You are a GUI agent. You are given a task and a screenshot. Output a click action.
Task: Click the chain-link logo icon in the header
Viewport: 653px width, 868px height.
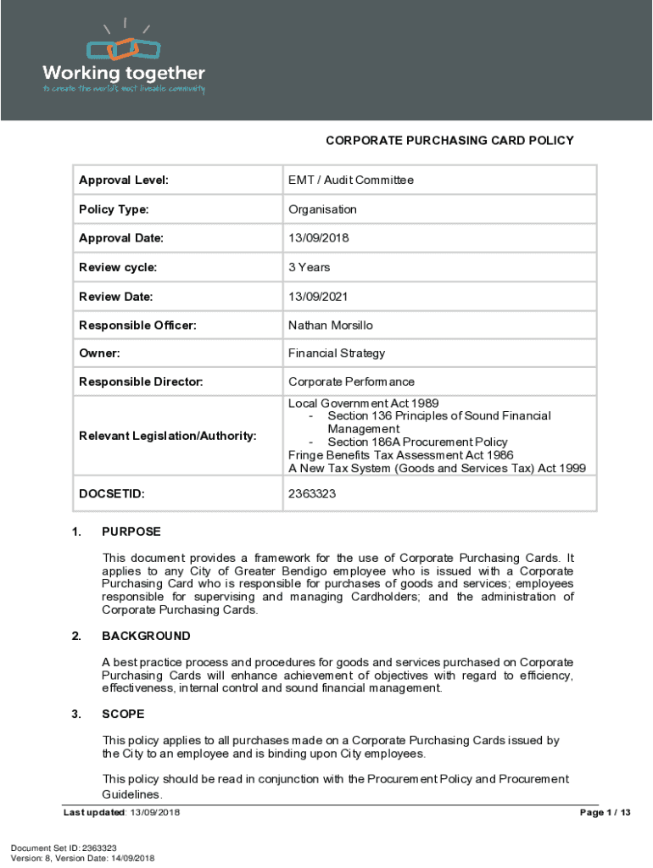pos(124,48)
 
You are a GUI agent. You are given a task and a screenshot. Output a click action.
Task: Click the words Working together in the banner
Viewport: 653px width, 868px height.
pos(124,73)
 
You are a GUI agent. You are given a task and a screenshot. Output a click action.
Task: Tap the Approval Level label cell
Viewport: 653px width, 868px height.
pos(124,180)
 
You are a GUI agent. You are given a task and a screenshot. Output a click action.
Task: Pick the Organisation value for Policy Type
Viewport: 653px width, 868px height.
pos(322,209)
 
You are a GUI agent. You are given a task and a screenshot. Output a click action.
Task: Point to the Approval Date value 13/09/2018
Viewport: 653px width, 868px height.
pos(318,238)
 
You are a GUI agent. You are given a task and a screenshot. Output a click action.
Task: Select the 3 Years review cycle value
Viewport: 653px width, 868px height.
pos(310,267)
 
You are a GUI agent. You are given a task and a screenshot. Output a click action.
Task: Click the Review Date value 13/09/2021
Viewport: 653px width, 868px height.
pos(318,297)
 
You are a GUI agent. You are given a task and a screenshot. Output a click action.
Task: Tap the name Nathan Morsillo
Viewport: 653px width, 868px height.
pos(330,325)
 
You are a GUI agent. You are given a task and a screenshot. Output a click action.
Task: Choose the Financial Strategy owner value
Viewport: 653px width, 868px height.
pos(337,353)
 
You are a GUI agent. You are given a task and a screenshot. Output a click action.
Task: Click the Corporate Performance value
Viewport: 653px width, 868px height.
pos(351,382)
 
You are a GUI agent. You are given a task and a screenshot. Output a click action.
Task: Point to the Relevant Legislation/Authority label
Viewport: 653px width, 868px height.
pos(167,436)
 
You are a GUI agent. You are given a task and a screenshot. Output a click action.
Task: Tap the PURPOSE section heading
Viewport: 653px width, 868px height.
pos(131,532)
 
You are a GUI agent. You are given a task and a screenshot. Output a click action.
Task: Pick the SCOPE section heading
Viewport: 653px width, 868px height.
pos(123,714)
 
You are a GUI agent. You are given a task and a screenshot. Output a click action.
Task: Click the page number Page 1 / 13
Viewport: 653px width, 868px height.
pos(605,813)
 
